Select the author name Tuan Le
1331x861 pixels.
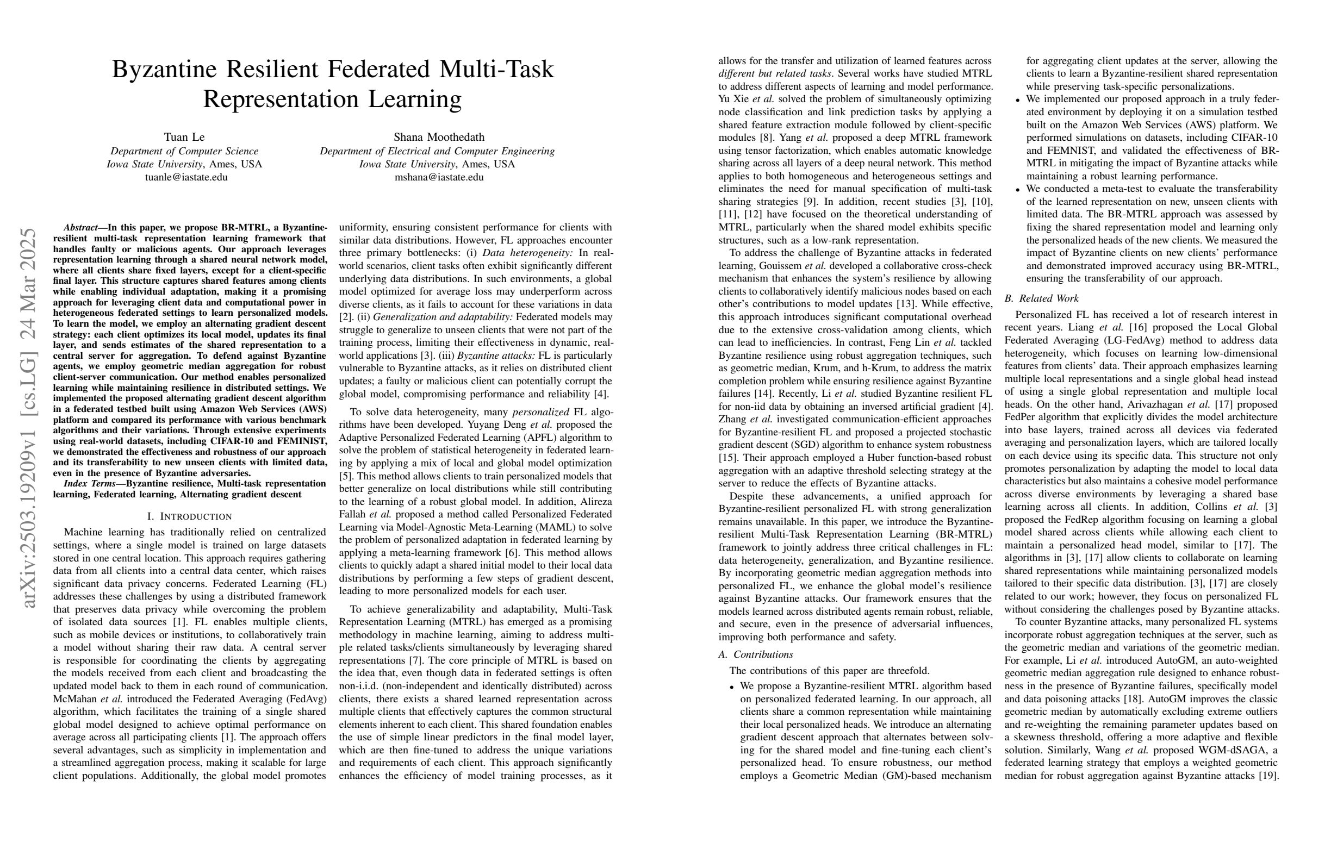pos(184,137)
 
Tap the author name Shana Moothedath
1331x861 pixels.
pos(439,137)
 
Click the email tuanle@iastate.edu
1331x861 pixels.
pos(186,177)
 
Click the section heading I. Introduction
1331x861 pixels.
pos(190,516)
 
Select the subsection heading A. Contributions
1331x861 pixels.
pos(756,654)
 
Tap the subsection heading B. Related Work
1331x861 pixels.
pos(1041,298)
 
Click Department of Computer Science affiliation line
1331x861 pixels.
pos(184,151)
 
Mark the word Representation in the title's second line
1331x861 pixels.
pos(281,99)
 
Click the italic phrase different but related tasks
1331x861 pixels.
pos(775,74)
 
